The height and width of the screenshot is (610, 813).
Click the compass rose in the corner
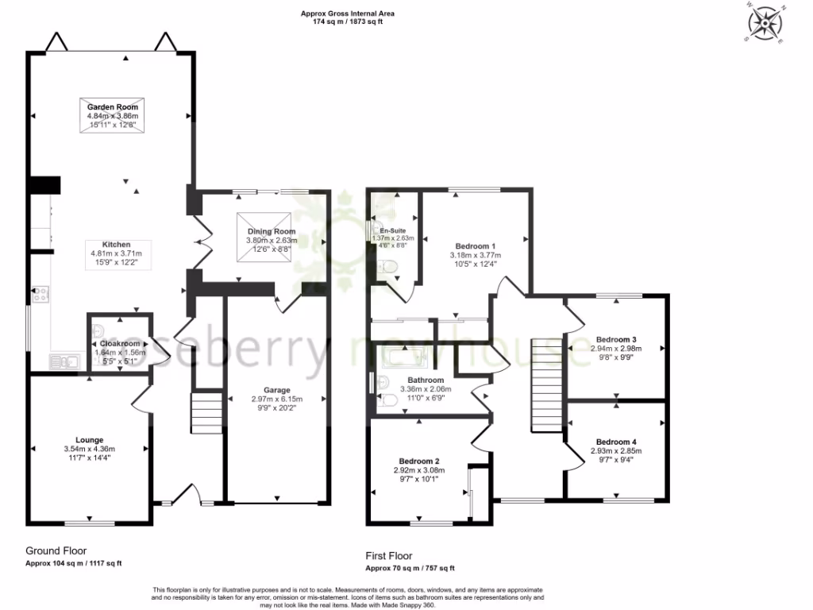pos(765,23)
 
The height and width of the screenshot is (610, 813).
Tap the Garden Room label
pos(112,106)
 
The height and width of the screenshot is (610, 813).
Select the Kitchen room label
pos(116,245)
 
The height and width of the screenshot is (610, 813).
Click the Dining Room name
pos(271,231)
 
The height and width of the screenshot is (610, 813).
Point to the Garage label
pos(277,390)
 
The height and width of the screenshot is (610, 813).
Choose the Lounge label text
pos(89,439)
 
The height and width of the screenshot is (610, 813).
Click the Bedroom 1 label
pos(476,246)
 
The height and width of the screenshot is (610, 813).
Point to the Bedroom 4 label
pos(616,442)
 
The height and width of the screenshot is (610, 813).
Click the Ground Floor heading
pos(56,550)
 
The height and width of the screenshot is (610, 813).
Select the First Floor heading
pos(389,556)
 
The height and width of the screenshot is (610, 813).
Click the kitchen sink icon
pos(62,362)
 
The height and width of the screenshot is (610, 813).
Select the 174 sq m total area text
pos(347,21)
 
